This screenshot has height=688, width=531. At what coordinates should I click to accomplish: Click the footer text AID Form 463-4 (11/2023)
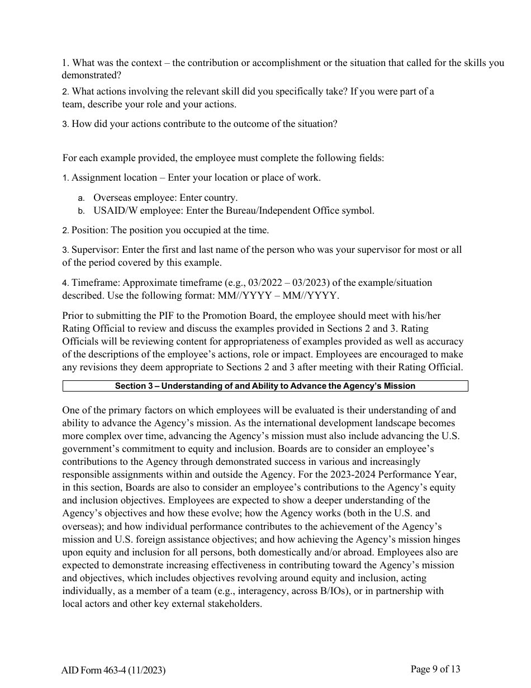click(x=113, y=670)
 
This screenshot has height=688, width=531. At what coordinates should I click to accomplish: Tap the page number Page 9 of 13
click(x=435, y=669)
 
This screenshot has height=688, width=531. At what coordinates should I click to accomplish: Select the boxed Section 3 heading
click(x=265, y=386)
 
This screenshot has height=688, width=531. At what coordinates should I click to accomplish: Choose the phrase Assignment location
click(x=114, y=177)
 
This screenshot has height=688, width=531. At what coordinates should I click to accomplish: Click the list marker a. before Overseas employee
click(x=81, y=197)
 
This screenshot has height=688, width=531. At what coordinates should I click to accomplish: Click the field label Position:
click(x=89, y=230)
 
